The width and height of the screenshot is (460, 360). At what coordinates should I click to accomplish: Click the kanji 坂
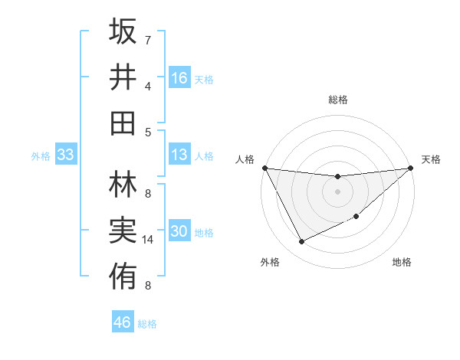(x=123, y=32)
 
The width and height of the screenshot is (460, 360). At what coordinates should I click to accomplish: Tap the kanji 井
(x=123, y=77)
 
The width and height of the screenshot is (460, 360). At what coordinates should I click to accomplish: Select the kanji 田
(x=123, y=123)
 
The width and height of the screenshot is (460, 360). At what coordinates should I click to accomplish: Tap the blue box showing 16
(x=179, y=78)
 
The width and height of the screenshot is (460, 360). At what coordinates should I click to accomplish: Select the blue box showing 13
(x=179, y=155)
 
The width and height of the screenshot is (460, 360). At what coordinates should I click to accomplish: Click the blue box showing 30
(x=179, y=232)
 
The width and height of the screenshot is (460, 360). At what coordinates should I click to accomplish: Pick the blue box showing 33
(x=65, y=155)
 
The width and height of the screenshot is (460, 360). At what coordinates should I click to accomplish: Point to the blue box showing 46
(x=123, y=322)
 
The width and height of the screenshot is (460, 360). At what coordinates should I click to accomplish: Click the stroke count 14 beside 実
(x=148, y=240)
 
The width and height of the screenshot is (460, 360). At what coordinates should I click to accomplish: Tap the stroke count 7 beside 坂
(x=148, y=40)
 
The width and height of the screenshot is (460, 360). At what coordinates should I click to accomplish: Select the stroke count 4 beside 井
(x=148, y=86)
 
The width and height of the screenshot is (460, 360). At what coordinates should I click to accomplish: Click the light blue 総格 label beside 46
(x=147, y=324)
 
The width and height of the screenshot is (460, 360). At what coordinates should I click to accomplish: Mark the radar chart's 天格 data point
(x=411, y=169)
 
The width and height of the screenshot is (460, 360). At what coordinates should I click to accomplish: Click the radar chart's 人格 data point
(x=264, y=168)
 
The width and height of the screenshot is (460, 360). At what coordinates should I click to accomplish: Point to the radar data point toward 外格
(x=301, y=242)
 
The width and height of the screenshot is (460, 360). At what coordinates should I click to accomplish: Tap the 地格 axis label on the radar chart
(x=402, y=263)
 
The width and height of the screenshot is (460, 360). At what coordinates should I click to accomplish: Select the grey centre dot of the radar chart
(x=337, y=191)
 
